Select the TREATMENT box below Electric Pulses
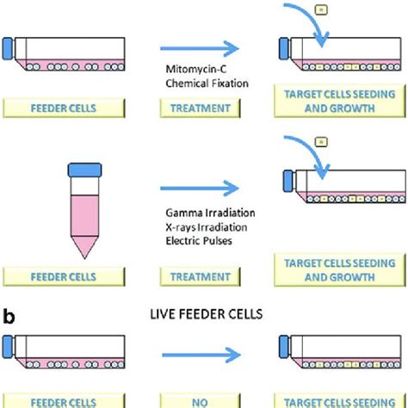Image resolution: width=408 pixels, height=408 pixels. pyautogui.click(x=197, y=277)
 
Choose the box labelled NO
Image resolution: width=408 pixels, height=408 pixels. pyautogui.click(x=197, y=400)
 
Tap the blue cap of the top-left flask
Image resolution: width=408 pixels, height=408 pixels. pyautogui.click(x=9, y=48)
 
